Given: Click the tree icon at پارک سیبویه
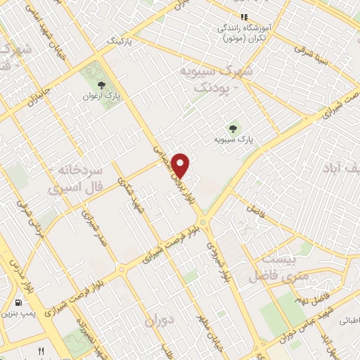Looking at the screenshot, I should pyautogui.click(x=233, y=127).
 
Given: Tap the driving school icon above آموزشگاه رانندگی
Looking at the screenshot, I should pyautogui.click(x=243, y=16).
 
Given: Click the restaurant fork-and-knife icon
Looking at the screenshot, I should pyautogui.click(x=41, y=351).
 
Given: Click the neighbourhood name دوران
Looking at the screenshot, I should pyautogui.click(x=158, y=321).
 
